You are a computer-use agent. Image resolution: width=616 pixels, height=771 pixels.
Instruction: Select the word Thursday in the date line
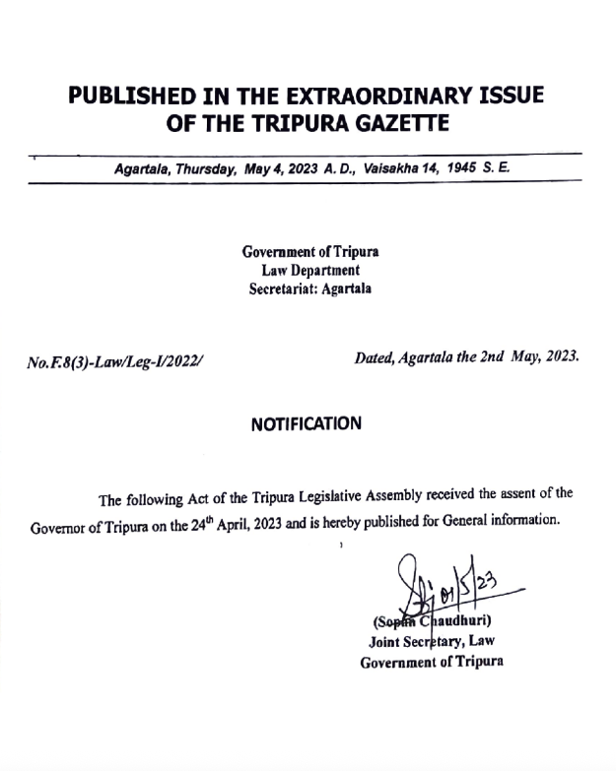tap(204, 168)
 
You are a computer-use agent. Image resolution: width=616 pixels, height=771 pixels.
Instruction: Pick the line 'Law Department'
tap(310, 271)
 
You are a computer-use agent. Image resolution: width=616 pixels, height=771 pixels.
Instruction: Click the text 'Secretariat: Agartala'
tap(310, 289)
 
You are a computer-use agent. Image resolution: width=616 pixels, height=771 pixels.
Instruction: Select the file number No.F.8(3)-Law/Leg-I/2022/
tap(114, 361)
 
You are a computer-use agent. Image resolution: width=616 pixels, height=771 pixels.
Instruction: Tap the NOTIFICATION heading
tap(307, 424)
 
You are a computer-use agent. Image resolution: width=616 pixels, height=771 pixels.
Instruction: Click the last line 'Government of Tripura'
tap(432, 662)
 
